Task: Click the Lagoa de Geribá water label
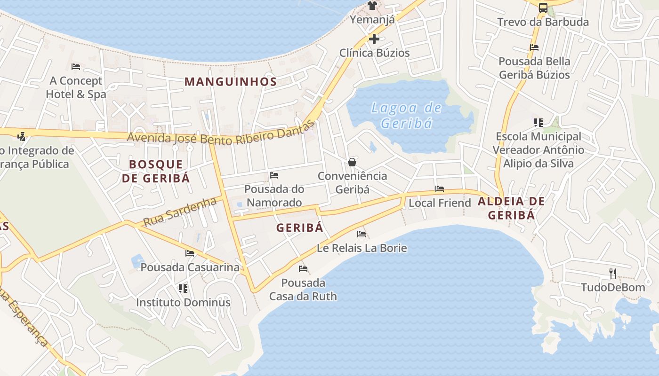[x=406, y=116]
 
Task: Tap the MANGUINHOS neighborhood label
[x=230, y=81]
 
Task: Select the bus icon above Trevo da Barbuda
[x=543, y=8]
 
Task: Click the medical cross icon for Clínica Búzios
[x=374, y=39]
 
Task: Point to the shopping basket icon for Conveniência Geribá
[x=352, y=162]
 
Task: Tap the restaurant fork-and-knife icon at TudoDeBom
[x=612, y=273]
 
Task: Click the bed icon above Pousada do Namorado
[x=274, y=175]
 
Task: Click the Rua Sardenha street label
[x=180, y=212]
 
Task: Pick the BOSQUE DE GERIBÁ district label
[x=156, y=171]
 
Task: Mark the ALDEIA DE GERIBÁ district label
[x=511, y=208]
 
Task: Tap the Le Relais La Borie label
[x=362, y=248]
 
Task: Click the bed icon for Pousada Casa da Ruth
[x=303, y=269]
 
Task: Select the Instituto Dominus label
[x=183, y=302]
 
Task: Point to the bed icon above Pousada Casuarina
[x=190, y=253]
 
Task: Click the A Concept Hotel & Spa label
[x=76, y=87]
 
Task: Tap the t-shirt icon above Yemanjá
[x=372, y=6]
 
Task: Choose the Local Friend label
[x=440, y=203]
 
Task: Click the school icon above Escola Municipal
[x=538, y=123]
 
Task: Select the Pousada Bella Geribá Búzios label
[x=534, y=68]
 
